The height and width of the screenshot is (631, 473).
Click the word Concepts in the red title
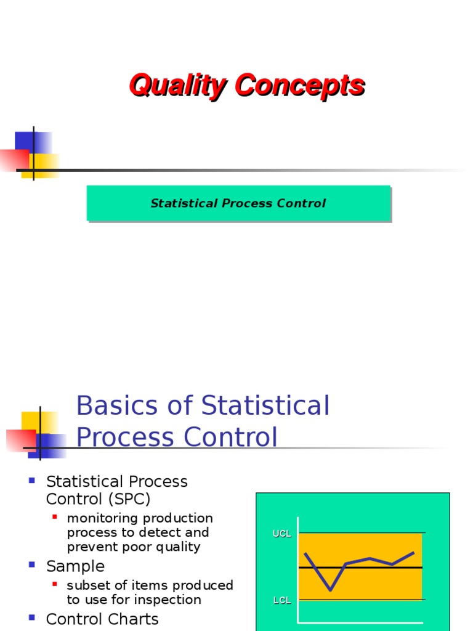(299, 85)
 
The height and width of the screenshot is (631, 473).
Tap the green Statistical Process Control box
(238, 203)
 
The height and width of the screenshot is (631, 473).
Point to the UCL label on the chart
(282, 534)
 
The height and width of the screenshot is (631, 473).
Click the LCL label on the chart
(282, 600)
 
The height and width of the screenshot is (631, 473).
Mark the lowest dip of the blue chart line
(330, 590)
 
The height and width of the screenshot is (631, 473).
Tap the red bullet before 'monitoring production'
(55, 516)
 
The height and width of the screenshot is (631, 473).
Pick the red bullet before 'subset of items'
(55, 583)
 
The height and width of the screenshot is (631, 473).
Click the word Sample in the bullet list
(76, 566)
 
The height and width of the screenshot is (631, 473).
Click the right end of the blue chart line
(413, 553)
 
